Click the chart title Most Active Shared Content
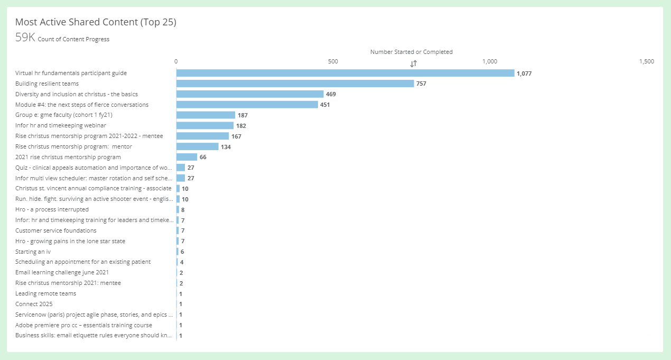[96, 22]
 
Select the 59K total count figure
[25, 39]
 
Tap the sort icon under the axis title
[414, 63]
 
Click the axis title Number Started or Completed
[411, 52]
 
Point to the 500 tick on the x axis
[333, 61]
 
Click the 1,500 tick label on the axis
[646, 61]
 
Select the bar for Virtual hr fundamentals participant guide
[345, 73]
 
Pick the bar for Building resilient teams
[295, 84]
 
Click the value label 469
[331, 94]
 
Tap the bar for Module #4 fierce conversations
[247, 105]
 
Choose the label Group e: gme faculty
[63, 115]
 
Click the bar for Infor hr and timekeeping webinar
[204, 125]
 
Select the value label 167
[236, 136]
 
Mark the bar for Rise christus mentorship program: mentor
[197, 146]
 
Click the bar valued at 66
[187, 157]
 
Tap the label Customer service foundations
[56, 230]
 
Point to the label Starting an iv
[33, 252]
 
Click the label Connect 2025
[34, 304]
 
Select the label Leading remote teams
[45, 293]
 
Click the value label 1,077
[524, 73]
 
